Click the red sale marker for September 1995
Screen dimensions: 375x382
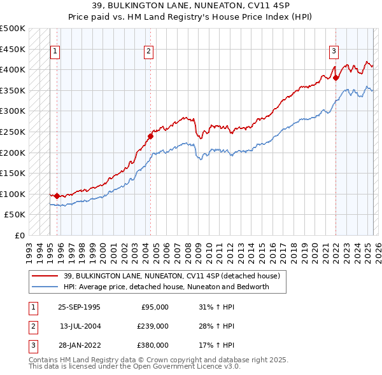[57, 196]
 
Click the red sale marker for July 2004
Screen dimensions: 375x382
[151, 135]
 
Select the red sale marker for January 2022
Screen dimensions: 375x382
[336, 78]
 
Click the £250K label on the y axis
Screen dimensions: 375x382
[13, 132]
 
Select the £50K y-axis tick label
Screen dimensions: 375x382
[15, 215]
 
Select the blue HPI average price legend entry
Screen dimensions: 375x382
[166, 287]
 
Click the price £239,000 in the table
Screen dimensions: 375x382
[153, 326]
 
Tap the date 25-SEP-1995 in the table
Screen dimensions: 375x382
[79, 307]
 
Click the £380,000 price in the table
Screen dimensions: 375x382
[153, 345]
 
